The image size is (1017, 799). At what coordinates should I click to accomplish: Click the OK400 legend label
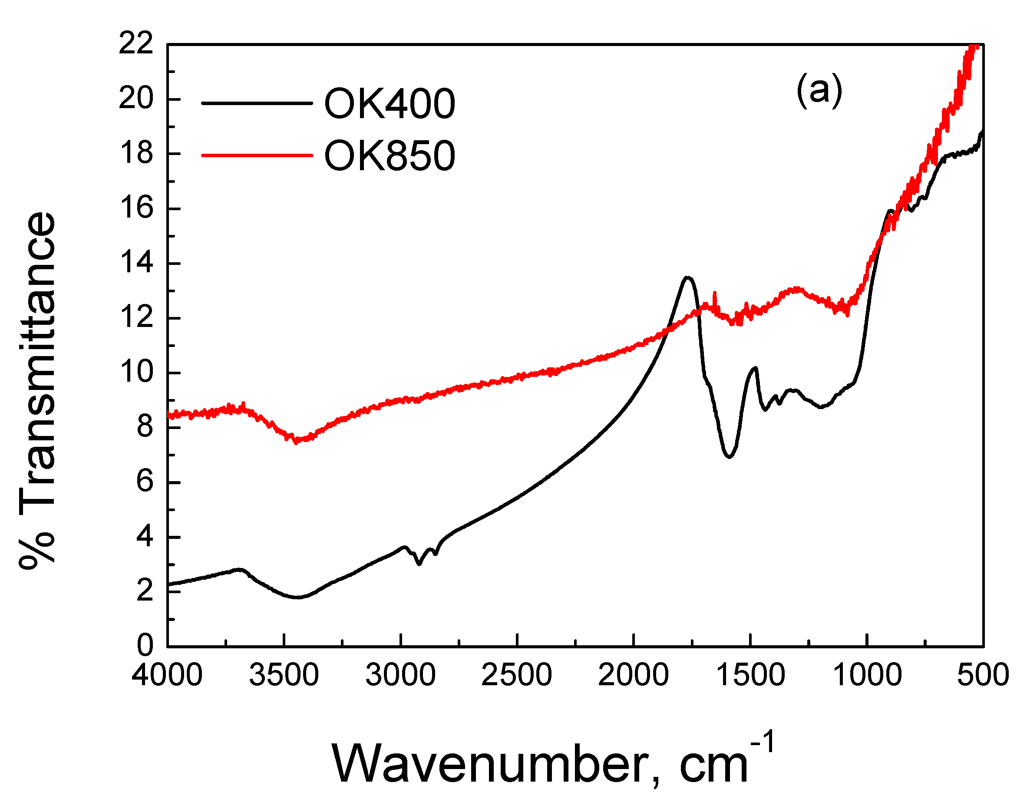[389, 104]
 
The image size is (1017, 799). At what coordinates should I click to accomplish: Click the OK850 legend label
[389, 156]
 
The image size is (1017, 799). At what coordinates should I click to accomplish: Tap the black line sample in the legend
[256, 103]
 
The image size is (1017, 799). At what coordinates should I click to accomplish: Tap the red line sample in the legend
[256, 155]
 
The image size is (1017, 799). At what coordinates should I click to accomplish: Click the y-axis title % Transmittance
[37, 391]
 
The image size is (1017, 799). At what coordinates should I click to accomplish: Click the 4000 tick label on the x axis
[167, 676]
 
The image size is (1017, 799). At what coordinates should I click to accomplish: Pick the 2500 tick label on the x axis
[516, 676]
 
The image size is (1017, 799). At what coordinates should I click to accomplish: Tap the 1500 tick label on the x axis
[750, 676]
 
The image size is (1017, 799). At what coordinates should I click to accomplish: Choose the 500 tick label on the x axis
[983, 676]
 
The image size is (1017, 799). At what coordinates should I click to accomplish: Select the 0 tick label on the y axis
[145, 646]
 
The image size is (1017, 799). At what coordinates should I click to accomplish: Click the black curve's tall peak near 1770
[687, 277]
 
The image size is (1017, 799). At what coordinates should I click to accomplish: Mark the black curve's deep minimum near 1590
[729, 456]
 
